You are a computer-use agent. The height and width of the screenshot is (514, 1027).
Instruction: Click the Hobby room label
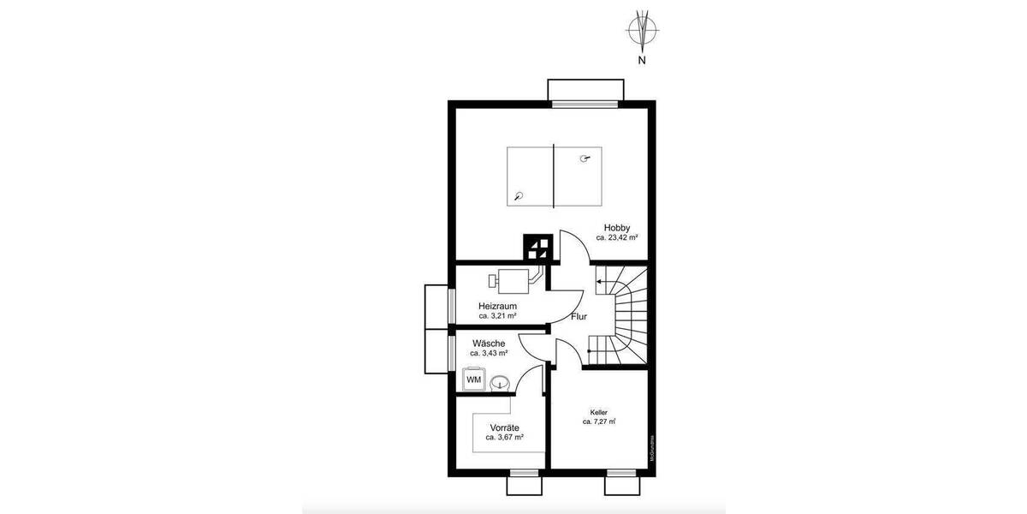pyautogui.click(x=617, y=227)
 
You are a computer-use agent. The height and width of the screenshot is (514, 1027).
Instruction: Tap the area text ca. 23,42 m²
pyautogui.click(x=617, y=238)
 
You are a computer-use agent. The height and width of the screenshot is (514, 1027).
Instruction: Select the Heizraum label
pyautogui.click(x=497, y=305)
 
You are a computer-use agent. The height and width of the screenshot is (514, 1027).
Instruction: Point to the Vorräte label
pyautogui.click(x=505, y=427)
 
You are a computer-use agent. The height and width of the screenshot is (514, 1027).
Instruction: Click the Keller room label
pyautogui.click(x=599, y=411)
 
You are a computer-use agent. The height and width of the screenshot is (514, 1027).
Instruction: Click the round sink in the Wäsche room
pyautogui.click(x=501, y=380)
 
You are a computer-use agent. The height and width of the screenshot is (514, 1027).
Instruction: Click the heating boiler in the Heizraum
pyautogui.click(x=513, y=279)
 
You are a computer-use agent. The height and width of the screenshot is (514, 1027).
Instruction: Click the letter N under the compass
pyautogui.click(x=641, y=62)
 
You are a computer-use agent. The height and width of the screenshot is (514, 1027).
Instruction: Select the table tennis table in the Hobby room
pyautogui.click(x=553, y=176)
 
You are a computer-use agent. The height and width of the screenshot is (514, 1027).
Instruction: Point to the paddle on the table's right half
pyautogui.click(x=585, y=158)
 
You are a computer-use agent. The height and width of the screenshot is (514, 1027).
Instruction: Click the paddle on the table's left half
pyautogui.click(x=519, y=195)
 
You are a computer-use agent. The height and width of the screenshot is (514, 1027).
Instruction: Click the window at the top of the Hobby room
pyautogui.click(x=585, y=104)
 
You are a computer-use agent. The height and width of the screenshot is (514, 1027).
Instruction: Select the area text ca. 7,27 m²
pyautogui.click(x=599, y=421)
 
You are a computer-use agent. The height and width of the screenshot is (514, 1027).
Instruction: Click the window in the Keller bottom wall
pyautogui.click(x=622, y=472)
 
